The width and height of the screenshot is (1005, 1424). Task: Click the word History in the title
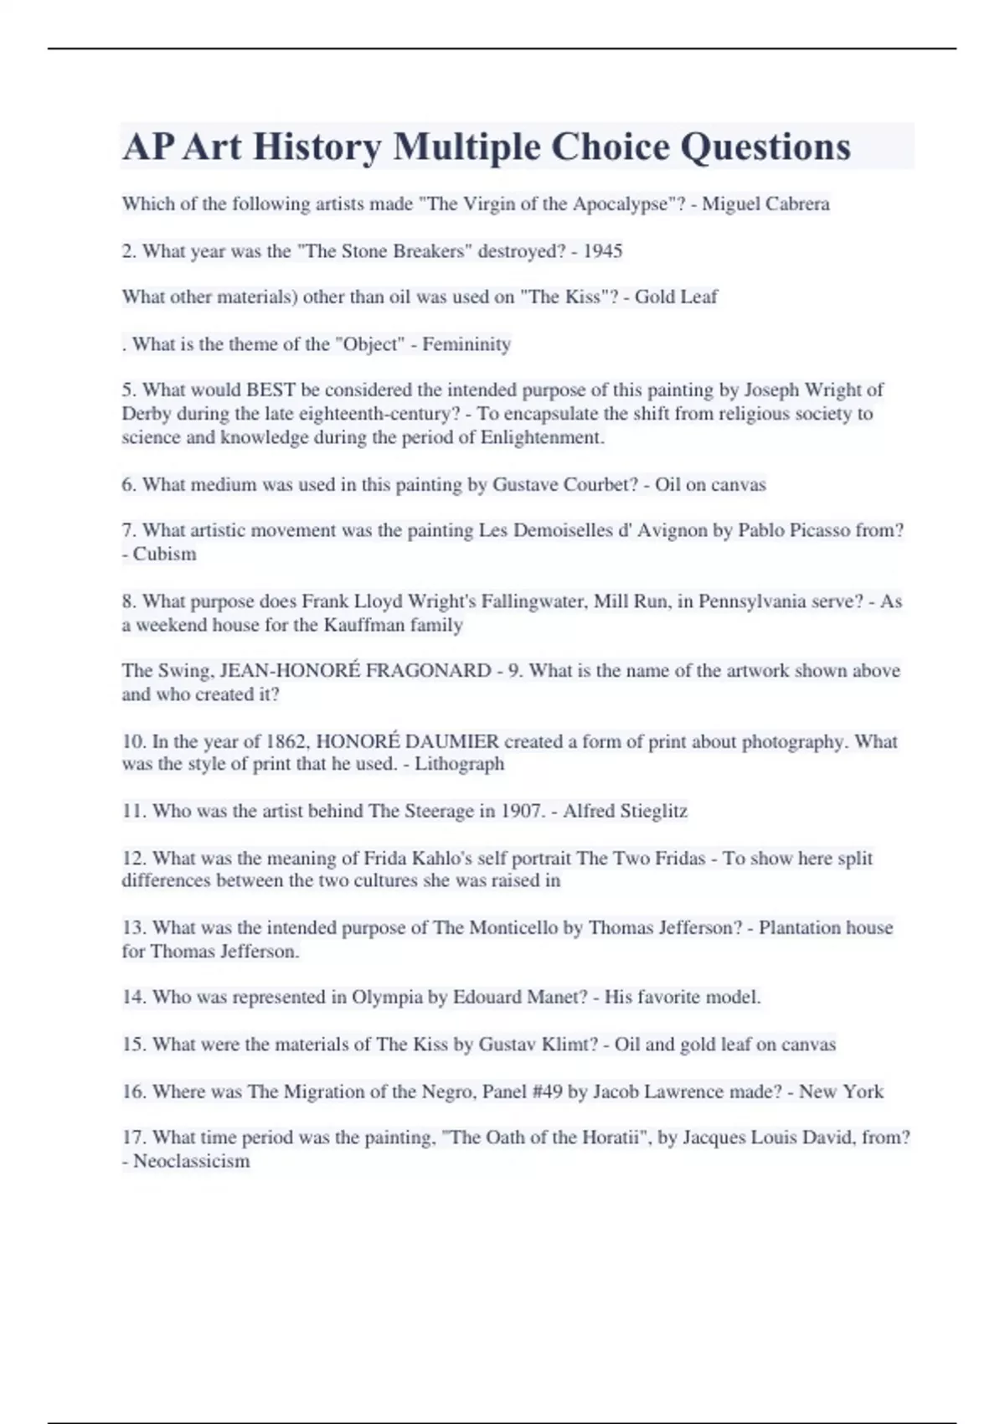tap(317, 147)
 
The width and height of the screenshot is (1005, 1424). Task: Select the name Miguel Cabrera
tap(765, 204)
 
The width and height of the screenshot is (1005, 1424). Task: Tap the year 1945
tap(602, 251)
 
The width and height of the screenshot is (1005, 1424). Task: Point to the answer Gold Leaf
tap(676, 297)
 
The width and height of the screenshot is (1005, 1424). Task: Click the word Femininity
tap(466, 344)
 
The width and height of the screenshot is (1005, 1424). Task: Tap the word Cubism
tap(165, 554)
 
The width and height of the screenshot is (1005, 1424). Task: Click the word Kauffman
tap(364, 625)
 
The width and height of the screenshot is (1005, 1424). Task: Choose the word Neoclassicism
tap(192, 1161)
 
